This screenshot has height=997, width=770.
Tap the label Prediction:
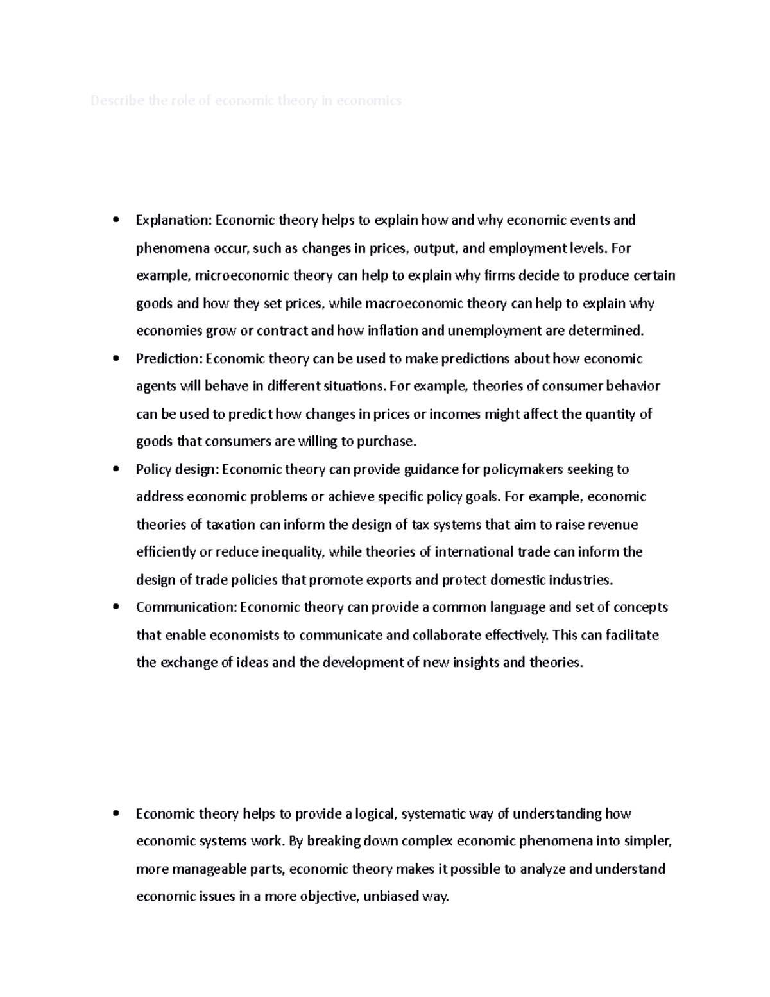pos(169,358)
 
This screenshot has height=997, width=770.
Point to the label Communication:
pos(187,607)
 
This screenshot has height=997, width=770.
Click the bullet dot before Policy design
pos(116,469)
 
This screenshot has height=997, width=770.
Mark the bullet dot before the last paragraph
pos(116,814)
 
